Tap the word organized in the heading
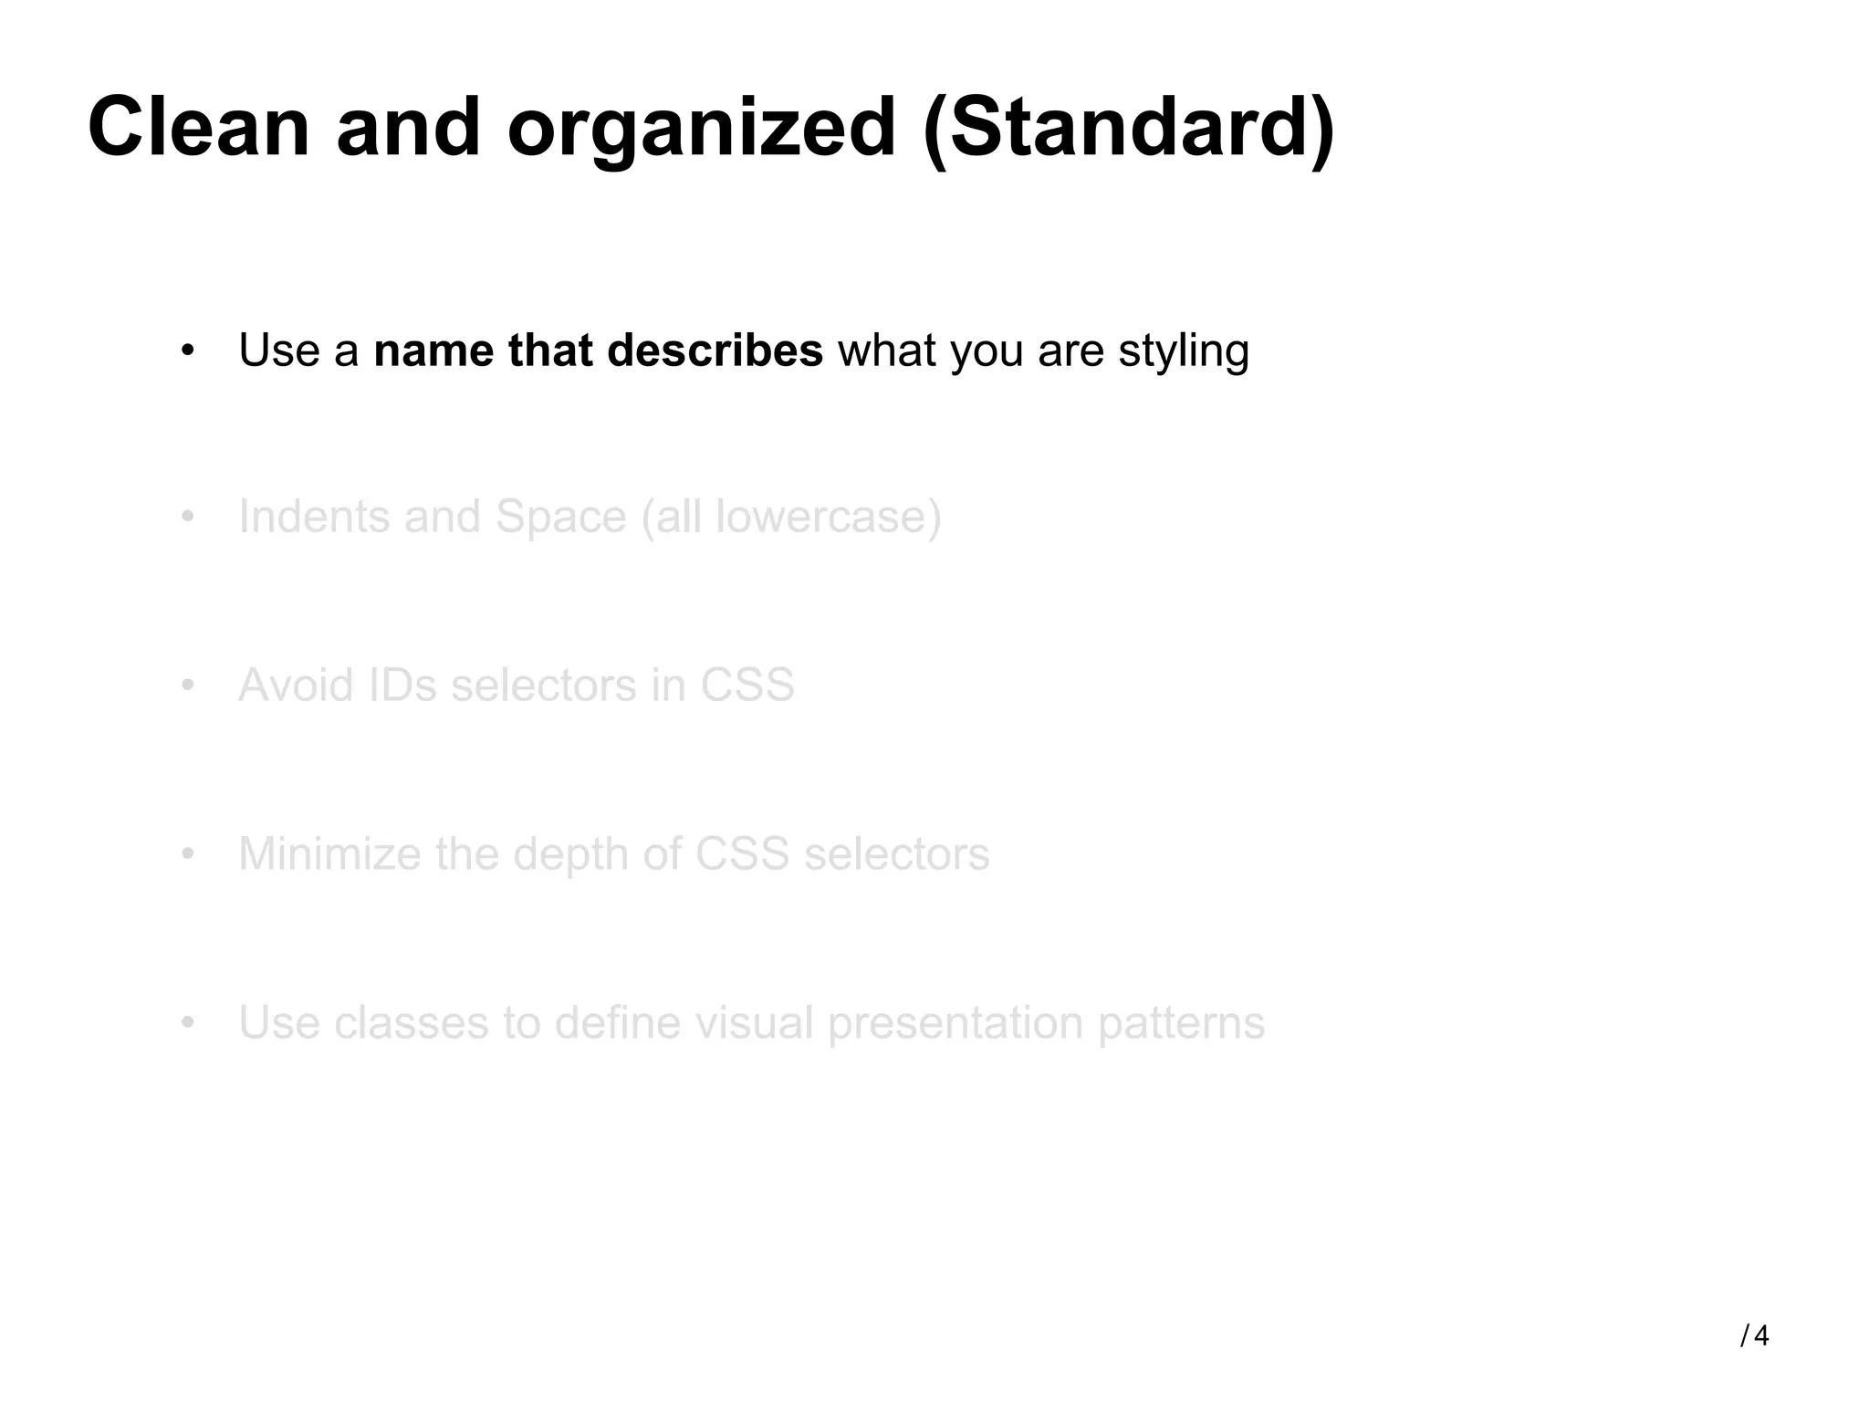701,130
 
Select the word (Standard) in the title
1129,130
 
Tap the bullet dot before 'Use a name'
188,350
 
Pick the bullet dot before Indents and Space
188,517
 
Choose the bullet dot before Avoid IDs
188,685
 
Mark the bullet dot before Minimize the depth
188,854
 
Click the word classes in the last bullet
411,1023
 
